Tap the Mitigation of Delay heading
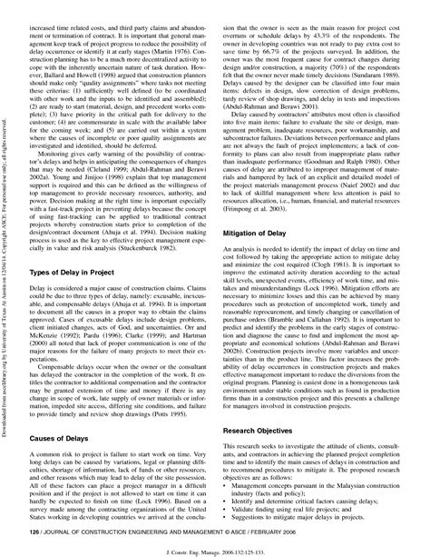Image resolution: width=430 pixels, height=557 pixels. click(x=267, y=232)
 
